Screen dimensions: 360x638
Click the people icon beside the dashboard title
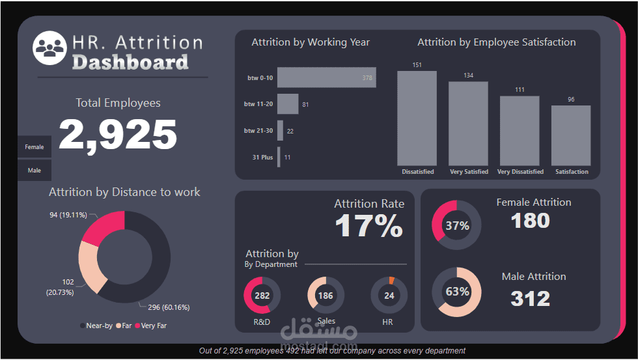point(50,48)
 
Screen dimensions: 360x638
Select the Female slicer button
point(35,147)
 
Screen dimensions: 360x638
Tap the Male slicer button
point(35,171)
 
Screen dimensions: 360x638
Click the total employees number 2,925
point(118,135)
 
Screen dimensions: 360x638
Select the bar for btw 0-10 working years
point(326,77)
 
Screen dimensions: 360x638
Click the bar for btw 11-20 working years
point(288,104)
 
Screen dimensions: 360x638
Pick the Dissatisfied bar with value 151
point(417,118)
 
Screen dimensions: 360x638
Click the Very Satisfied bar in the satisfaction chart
point(468,123)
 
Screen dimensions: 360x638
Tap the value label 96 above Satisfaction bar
point(571,100)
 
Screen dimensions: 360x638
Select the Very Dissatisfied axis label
point(520,172)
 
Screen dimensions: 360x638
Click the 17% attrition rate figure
point(368,226)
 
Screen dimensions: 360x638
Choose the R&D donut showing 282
point(262,296)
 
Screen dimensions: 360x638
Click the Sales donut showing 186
point(326,296)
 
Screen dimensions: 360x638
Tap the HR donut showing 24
point(389,296)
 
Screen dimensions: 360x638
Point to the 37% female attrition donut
point(457,225)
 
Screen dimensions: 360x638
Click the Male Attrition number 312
point(530,298)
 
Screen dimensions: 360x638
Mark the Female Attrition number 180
point(530,221)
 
